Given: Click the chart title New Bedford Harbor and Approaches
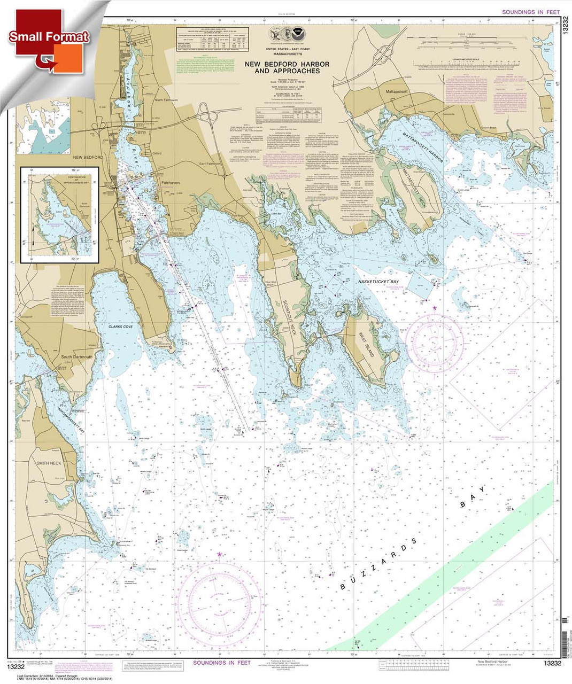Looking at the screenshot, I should coord(287,67).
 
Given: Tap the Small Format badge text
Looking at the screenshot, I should coord(48,37).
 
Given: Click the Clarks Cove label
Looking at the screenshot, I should coord(120,327).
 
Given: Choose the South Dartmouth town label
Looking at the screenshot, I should coord(76,357).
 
